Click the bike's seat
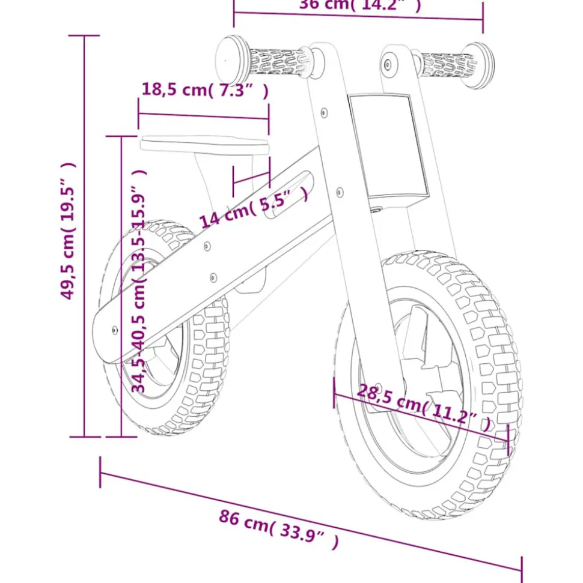coord(204,143)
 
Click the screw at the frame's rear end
coord(115,328)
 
